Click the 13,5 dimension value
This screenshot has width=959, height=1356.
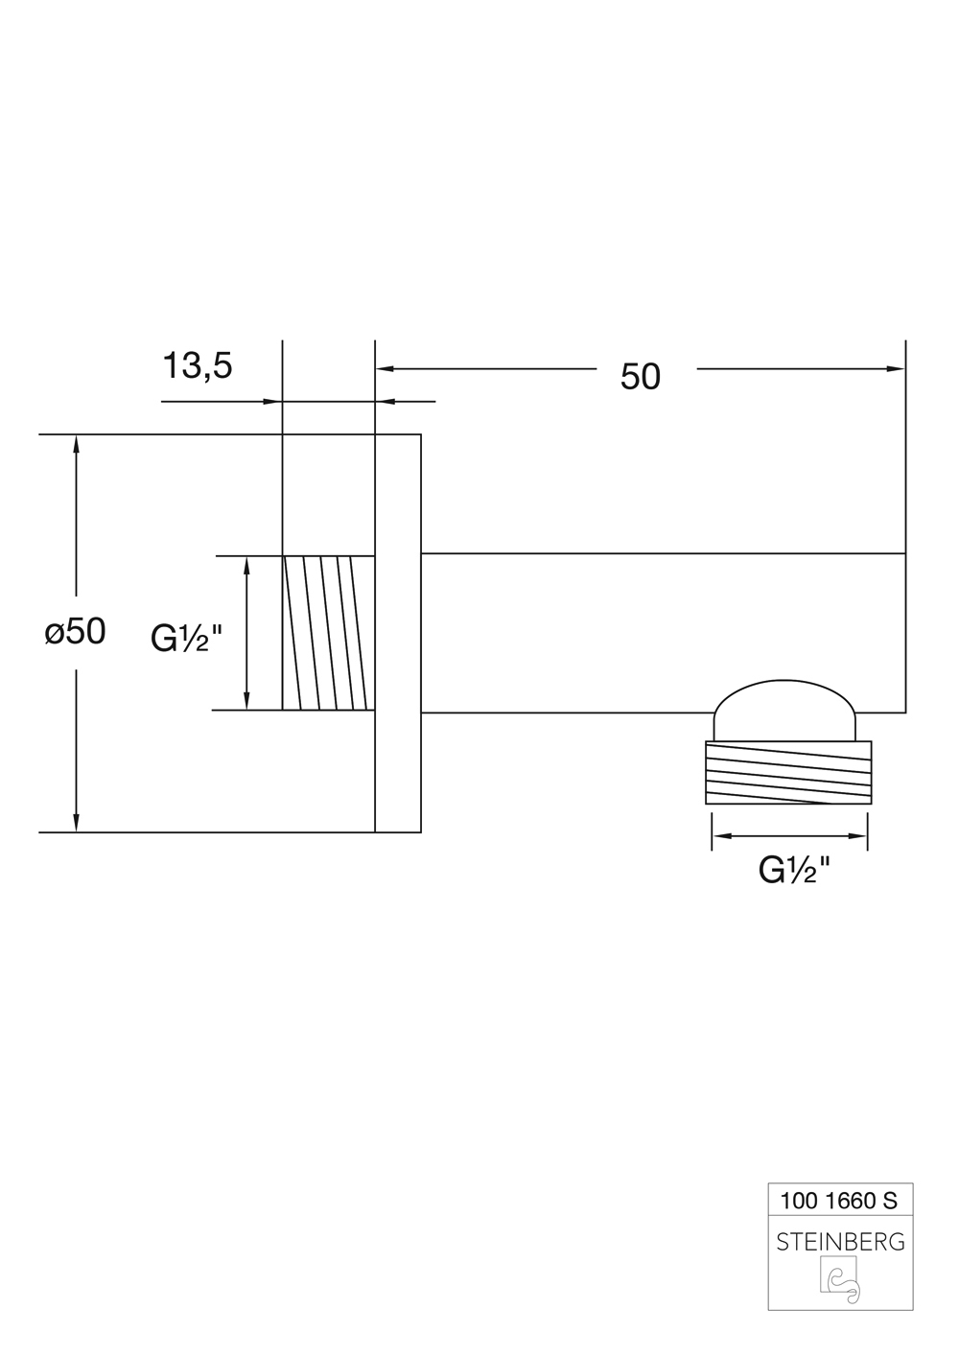[x=198, y=365]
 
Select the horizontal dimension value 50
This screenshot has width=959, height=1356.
[x=641, y=377]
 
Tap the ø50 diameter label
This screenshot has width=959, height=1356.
[x=75, y=631]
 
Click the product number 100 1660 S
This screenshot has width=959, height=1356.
[x=839, y=1199]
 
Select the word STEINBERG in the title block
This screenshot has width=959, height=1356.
[x=840, y=1242]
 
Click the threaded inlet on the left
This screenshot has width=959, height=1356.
[x=328, y=633]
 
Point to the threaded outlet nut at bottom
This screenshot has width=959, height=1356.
[x=788, y=772]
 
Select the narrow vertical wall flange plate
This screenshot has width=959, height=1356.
[x=398, y=633]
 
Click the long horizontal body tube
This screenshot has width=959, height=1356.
[x=662, y=633]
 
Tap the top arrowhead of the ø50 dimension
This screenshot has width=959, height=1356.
[x=76, y=442]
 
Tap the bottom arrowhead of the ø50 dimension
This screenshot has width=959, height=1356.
[x=76, y=824]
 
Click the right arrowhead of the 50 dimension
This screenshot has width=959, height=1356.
[x=898, y=368]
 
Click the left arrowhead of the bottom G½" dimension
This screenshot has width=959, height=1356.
[x=718, y=837]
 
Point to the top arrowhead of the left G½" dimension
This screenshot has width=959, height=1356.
[x=247, y=563]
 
